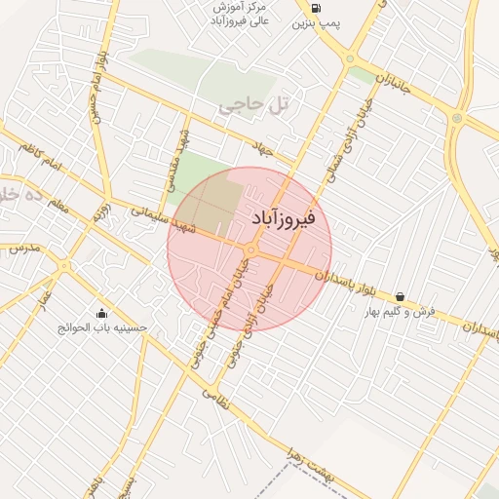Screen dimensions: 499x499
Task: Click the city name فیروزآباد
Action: [284, 219]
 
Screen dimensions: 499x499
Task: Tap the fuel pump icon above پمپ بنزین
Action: [315, 8]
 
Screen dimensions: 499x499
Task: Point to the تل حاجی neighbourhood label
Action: [255, 104]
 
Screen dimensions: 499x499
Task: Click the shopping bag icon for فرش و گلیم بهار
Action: [400, 296]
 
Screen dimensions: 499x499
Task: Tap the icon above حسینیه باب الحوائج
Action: [102, 313]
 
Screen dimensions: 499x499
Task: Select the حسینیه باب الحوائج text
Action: [102, 328]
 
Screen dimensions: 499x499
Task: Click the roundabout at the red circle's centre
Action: [250, 250]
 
